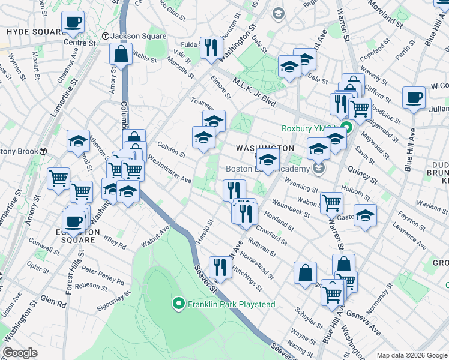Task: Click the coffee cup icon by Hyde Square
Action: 73,23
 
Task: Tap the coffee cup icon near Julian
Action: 414,98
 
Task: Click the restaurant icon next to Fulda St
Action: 210,47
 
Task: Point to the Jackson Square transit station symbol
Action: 106,36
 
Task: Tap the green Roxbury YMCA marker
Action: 346,128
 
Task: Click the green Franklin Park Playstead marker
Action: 178,304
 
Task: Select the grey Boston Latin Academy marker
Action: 319,169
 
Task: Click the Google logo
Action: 20,353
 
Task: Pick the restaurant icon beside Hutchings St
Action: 220,267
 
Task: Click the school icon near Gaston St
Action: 365,215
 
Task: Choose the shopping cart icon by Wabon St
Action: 331,203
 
